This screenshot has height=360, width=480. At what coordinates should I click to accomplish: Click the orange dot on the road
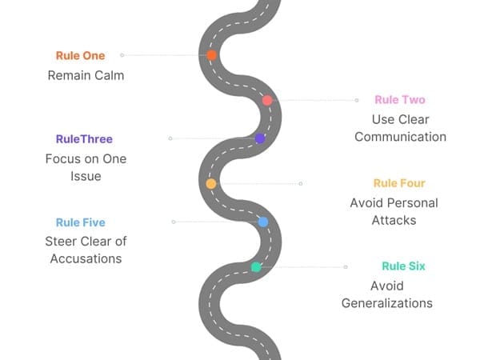tap(211, 55)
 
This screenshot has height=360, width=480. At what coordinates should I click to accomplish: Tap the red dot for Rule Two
tap(267, 100)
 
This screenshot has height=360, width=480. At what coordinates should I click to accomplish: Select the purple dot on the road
tap(260, 138)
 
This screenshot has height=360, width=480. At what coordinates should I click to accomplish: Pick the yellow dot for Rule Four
tap(211, 183)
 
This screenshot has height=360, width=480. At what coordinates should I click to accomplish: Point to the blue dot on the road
tap(262, 222)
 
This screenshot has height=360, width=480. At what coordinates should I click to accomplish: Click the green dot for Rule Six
tap(256, 266)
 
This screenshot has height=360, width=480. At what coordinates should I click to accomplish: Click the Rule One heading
tap(80, 55)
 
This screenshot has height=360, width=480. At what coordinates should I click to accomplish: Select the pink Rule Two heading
tap(400, 100)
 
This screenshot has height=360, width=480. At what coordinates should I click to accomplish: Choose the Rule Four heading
tap(399, 183)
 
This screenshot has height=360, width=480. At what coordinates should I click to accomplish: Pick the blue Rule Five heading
tap(80, 222)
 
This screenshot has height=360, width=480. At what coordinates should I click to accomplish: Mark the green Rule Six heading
tap(403, 266)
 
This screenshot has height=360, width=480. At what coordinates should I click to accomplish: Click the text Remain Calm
tap(86, 75)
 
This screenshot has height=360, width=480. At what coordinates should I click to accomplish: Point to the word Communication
tap(400, 137)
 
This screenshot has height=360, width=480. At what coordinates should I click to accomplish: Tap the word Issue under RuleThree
tap(86, 176)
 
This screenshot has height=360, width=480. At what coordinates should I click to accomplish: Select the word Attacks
tap(394, 220)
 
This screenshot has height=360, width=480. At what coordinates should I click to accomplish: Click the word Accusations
tap(86, 259)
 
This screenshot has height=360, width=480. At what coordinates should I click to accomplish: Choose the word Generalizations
tap(387, 303)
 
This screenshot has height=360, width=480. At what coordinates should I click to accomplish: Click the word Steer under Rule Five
tap(62, 242)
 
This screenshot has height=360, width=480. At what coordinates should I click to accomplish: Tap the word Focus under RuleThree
tap(62, 158)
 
